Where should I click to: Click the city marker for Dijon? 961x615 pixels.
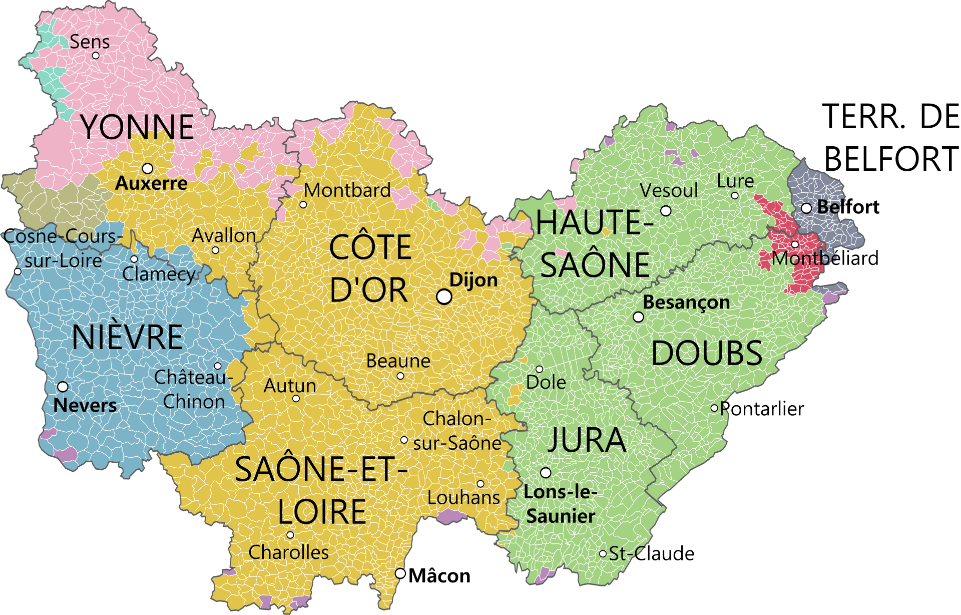point(444,296)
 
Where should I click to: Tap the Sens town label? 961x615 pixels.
point(90,42)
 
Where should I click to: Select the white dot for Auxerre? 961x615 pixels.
point(148,168)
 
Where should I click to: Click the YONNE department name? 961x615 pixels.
point(137,127)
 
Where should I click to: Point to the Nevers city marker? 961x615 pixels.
point(63,387)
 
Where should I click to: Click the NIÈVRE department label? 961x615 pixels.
point(127,337)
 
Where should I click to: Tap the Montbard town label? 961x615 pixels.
point(347,190)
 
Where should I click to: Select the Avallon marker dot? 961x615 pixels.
point(215,250)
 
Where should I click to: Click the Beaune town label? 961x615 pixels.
point(398,361)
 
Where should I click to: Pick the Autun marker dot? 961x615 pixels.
point(296,399)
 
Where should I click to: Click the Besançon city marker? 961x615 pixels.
point(638,317)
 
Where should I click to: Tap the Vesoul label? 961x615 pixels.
point(668,190)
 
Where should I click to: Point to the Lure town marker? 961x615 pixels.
point(735,196)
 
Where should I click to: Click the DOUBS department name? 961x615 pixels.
point(706,353)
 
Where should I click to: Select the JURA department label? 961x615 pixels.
point(587,440)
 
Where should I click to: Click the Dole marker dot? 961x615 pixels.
point(539,369)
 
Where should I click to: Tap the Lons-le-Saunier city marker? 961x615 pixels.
point(546,472)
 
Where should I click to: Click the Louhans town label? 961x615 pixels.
point(463,497)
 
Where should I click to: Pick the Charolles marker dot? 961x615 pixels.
point(290,535)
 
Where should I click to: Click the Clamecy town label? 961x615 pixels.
point(159,274)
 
